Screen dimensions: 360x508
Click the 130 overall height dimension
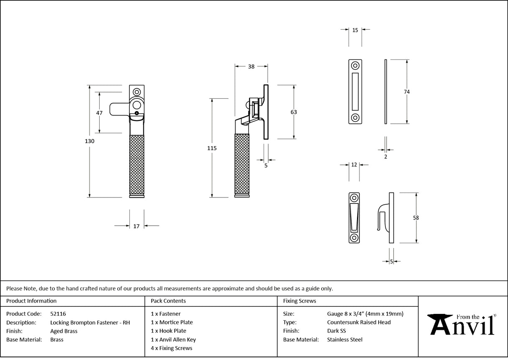coord(90,141)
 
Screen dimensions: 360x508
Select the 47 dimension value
coord(99,113)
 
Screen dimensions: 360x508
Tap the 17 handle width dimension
coord(136,226)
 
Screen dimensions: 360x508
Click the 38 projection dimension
coord(251,66)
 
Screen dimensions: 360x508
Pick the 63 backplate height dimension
coord(293,112)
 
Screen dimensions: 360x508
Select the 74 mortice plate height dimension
coord(407,92)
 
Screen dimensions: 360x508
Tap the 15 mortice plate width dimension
coord(355,30)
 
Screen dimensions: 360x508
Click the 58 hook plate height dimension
coord(416,218)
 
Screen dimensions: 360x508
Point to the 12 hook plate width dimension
coord(354,165)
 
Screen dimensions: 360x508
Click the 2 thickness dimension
coord(385,157)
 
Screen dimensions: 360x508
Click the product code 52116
coord(58,314)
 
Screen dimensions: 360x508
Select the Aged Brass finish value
coord(64,331)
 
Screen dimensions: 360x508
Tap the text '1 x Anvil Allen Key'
coord(173,339)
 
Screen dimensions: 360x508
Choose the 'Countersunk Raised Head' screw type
coord(359,322)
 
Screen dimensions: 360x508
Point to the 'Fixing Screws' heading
coord(300,301)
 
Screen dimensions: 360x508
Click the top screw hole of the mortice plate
coord(355,66)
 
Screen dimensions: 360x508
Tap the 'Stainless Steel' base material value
coord(344,339)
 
